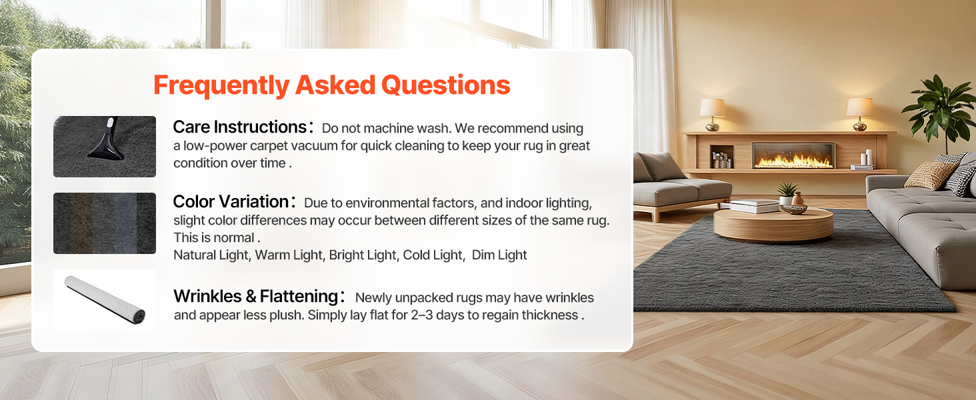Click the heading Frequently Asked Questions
331,85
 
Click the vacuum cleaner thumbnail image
105,147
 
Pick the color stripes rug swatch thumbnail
105,223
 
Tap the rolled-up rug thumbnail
105,300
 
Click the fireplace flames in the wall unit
793,161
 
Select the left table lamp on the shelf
712,114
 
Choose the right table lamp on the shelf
859,114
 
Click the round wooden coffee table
773,223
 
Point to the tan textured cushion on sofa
931,175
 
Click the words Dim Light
499,255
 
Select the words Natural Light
211,255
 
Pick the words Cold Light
432,255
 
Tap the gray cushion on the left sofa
659,166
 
